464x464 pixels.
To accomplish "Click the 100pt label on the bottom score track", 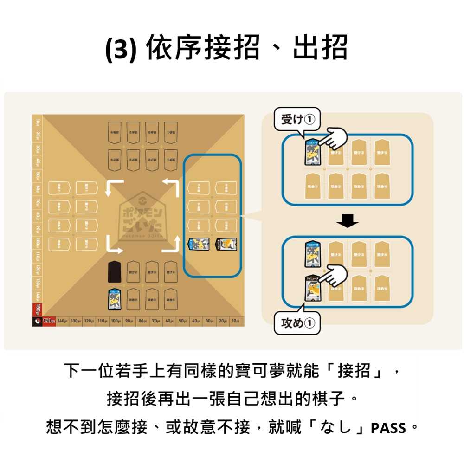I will pyautogui.click(x=116, y=322).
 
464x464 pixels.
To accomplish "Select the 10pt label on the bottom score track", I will pyautogui.click(x=236, y=322).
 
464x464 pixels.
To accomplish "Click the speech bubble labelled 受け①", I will pyautogui.click(x=297, y=120).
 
